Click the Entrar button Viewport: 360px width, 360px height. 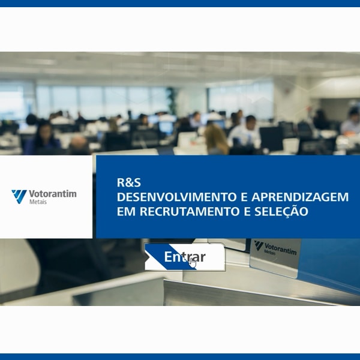[185, 257]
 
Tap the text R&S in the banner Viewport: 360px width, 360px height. [129, 182]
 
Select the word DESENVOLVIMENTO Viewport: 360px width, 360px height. [177, 197]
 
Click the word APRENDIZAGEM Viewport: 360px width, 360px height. [300, 197]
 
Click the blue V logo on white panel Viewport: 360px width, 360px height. [19, 197]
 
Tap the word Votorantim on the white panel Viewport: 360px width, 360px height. [53, 194]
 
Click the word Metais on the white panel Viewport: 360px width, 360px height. [38, 202]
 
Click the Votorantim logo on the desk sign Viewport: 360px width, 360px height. [275, 248]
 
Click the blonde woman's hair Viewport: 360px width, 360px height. [216, 139]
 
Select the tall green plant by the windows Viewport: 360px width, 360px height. [172, 101]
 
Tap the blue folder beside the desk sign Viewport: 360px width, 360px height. [329, 264]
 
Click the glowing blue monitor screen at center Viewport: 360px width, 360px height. [166, 127]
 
